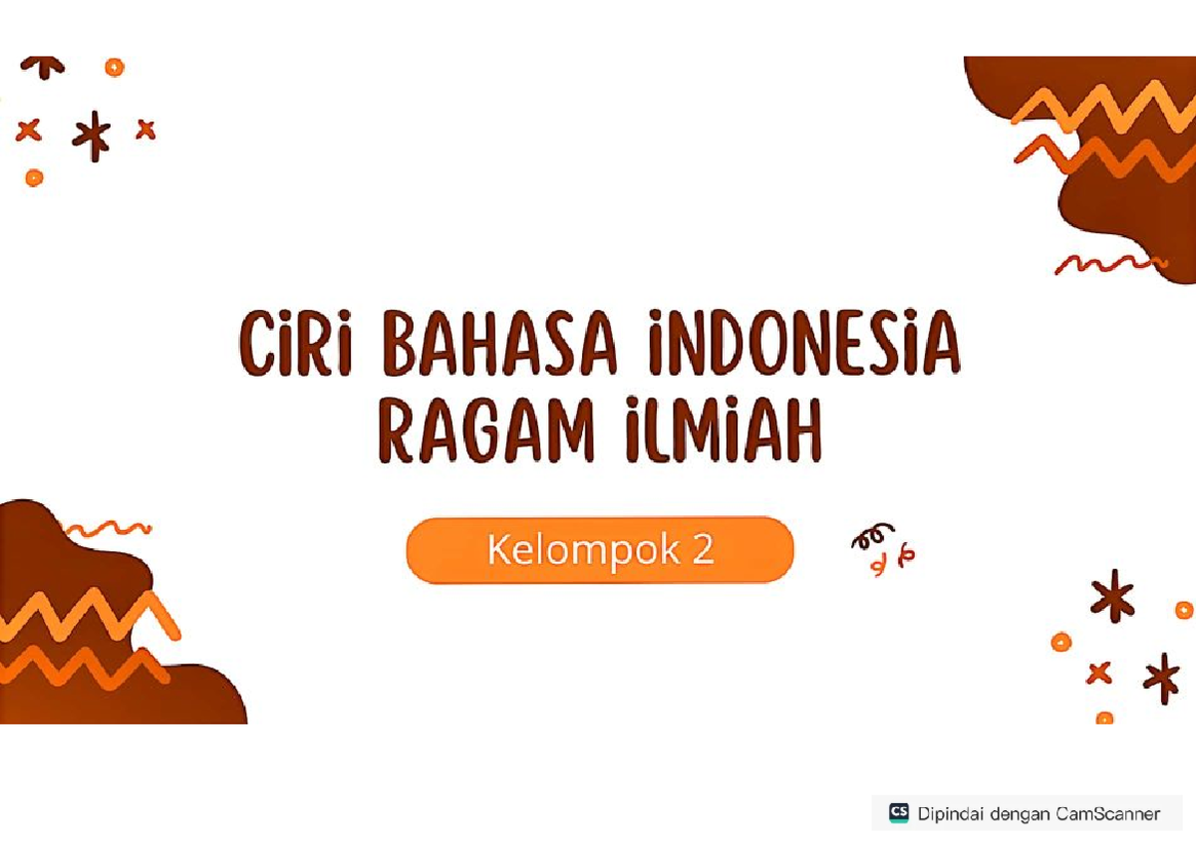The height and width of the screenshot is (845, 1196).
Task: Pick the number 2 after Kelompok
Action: coord(703,549)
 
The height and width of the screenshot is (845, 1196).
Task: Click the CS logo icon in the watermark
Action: coord(897,812)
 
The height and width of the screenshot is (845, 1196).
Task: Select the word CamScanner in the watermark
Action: coord(1107,814)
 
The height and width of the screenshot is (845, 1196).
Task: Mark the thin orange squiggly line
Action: coord(105,528)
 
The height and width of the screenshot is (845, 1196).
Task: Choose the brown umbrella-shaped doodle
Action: coord(43,66)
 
